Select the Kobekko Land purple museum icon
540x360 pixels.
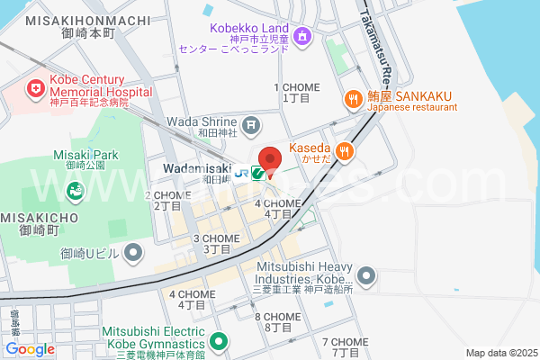302,36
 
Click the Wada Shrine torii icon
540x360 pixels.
252,123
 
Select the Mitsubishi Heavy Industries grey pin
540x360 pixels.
365,274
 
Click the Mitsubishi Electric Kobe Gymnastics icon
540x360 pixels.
218,342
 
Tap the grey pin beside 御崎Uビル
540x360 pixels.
133,252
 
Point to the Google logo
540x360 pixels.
30,348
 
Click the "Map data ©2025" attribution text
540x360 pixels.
500,352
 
